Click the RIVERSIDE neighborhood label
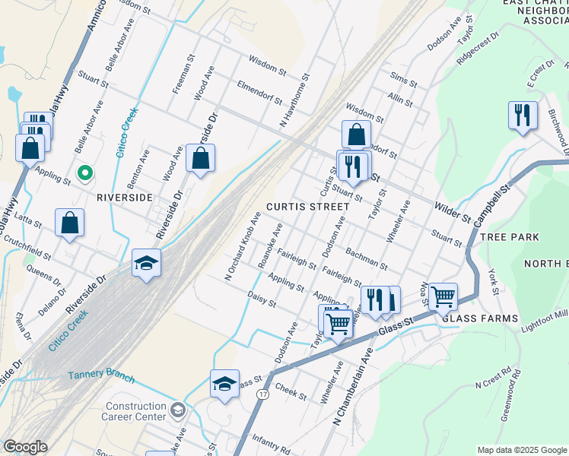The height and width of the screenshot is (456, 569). click(125, 197)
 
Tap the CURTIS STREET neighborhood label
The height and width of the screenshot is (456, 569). click(302, 207)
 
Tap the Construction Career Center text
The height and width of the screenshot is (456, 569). click(136, 412)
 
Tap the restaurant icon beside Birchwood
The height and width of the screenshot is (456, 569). click(522, 116)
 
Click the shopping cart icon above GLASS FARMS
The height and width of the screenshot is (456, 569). click(442, 296)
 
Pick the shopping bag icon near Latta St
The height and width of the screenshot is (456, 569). click(69, 223)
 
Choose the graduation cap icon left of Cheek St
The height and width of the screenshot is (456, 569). click(225, 384)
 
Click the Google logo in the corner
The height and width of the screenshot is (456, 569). click(25, 447)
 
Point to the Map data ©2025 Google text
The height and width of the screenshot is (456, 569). click(521, 450)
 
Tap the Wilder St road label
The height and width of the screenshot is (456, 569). click(453, 212)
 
